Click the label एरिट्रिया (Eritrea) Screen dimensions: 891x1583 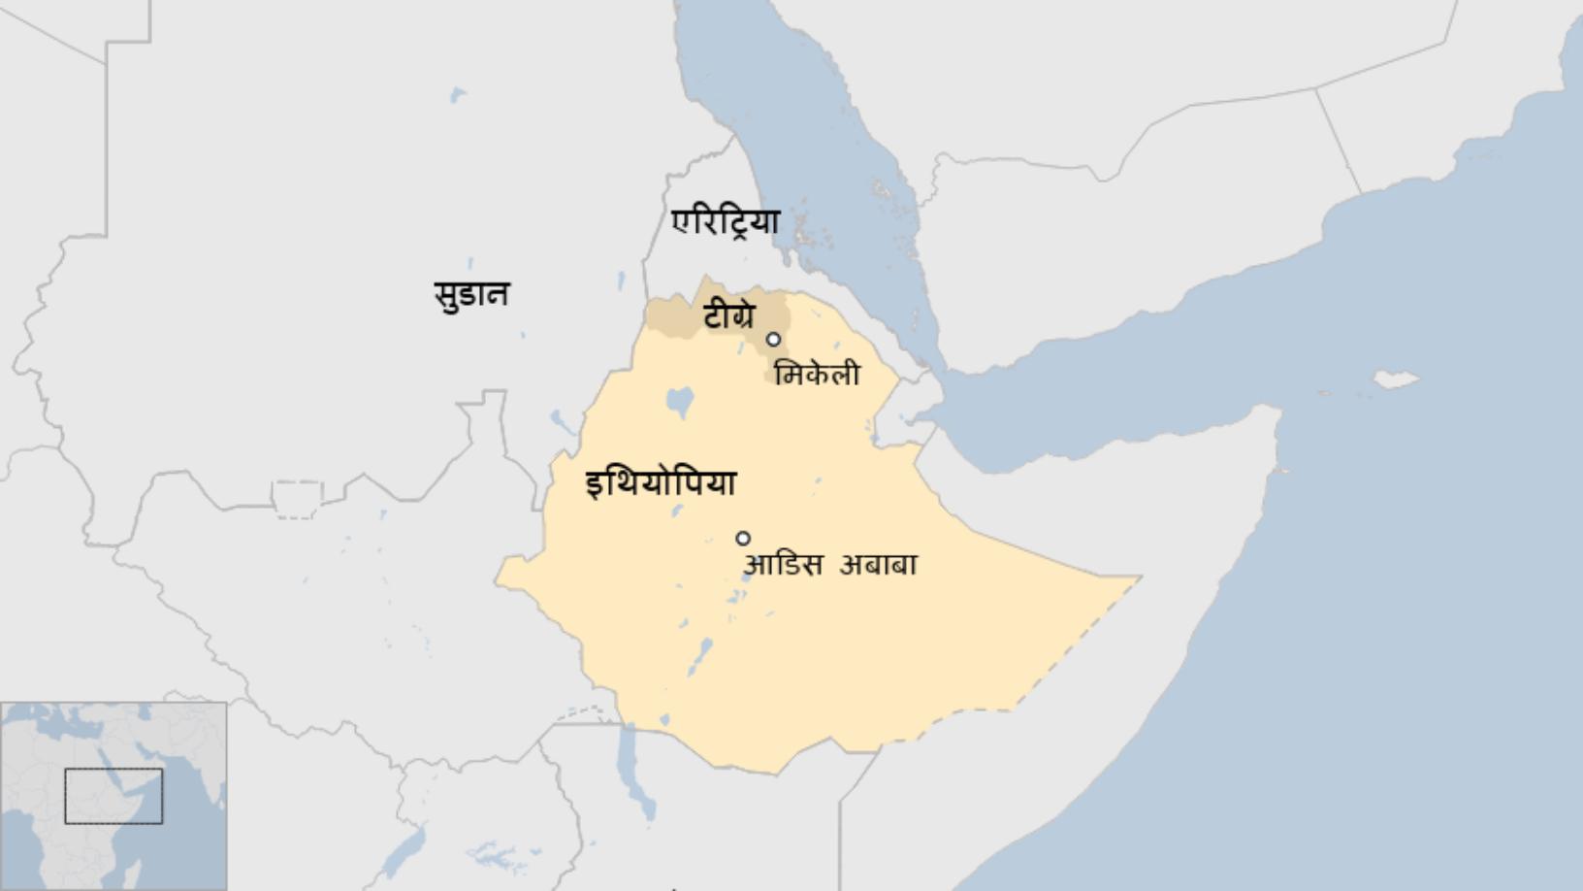pos(726,222)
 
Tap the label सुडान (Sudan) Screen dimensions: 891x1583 pos(471,293)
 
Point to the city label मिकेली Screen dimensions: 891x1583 pos(817,375)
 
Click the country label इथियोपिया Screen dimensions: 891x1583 pos(661,483)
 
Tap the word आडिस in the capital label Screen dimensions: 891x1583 pos(783,565)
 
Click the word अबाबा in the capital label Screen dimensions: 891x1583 pos(878,565)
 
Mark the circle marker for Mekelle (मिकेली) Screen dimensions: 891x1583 pos(773,340)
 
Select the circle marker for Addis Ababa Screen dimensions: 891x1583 pos(743,539)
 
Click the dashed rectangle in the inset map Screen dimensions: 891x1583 pos(113,796)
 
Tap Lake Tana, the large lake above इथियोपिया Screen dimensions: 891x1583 pos(680,400)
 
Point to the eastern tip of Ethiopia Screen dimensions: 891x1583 pos(1137,578)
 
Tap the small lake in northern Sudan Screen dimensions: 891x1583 pos(457,95)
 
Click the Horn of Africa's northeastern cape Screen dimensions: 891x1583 pos(1278,412)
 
